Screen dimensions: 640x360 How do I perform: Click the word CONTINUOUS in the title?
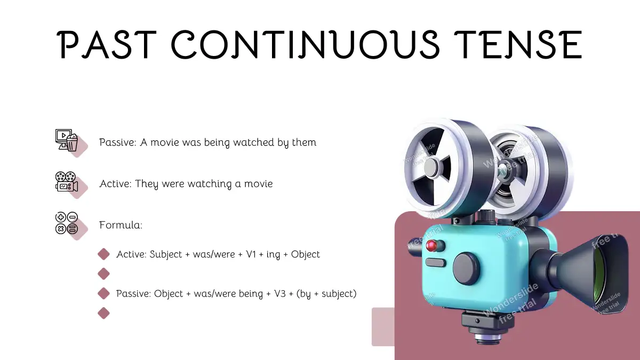click(305, 44)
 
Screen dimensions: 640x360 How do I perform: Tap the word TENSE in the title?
click(518, 45)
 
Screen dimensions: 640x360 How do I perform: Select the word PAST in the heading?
click(107, 45)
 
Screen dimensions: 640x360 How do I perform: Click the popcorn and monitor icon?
click(67, 140)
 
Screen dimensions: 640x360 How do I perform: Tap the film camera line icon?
click(67, 181)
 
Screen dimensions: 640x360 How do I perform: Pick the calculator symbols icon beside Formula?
click(67, 223)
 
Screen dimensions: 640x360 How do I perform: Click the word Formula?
click(121, 225)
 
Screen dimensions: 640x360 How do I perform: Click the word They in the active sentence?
click(146, 184)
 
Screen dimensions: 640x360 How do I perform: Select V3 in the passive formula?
click(280, 294)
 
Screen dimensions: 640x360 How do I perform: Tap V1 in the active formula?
click(251, 254)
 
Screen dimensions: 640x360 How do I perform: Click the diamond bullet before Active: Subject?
click(103, 254)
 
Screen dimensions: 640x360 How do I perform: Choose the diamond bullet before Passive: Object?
click(103, 293)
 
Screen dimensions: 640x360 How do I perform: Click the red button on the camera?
click(431, 245)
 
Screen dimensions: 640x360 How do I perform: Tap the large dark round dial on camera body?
click(466, 269)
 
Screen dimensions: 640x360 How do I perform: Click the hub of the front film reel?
click(431, 167)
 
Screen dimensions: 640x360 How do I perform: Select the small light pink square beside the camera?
click(383, 327)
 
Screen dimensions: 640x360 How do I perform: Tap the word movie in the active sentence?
click(258, 183)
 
